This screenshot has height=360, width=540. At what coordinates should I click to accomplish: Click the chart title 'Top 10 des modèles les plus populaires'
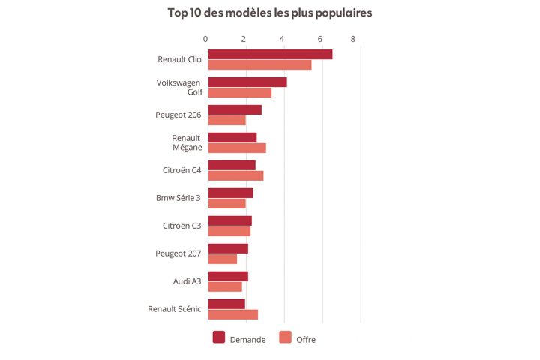(270, 13)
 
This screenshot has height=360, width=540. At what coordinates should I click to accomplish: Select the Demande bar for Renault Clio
(270, 54)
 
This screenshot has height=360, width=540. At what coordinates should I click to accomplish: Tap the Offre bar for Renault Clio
(259, 65)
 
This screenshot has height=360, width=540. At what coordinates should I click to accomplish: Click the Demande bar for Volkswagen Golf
(247, 82)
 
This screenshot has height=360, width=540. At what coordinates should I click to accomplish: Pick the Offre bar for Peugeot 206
(226, 121)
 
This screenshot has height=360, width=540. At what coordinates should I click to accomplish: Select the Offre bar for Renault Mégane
(237, 148)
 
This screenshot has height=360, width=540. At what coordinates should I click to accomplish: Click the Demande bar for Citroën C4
(232, 165)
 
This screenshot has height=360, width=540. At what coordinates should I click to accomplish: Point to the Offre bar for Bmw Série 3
(226, 204)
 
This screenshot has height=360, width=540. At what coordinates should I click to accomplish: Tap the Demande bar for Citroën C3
(229, 220)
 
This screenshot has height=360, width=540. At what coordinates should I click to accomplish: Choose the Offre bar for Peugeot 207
(222, 259)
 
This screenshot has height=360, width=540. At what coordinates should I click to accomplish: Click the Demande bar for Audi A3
(228, 276)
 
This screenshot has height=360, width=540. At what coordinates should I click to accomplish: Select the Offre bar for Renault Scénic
(232, 314)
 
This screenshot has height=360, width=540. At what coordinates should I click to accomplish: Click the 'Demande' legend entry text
(247, 340)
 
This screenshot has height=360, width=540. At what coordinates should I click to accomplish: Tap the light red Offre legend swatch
(285, 337)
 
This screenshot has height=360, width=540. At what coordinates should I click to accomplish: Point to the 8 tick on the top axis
(352, 38)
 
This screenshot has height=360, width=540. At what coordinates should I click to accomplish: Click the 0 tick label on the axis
(205, 38)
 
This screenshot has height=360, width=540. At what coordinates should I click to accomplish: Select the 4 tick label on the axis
(282, 38)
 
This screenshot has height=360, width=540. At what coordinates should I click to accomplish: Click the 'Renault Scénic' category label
(174, 308)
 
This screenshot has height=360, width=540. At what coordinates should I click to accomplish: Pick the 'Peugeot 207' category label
(178, 253)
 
